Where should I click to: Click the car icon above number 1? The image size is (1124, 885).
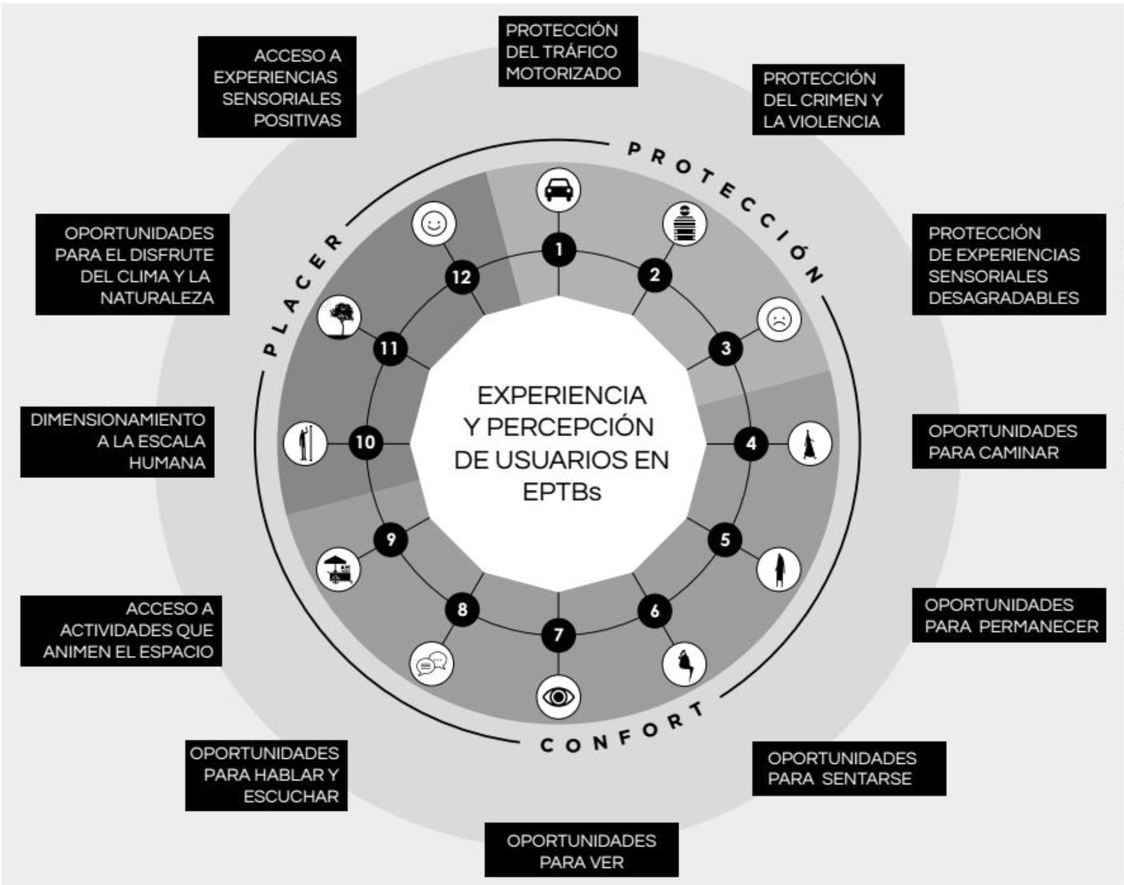[559, 189]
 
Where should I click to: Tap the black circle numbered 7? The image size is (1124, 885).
[558, 634]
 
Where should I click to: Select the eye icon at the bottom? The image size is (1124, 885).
[558, 697]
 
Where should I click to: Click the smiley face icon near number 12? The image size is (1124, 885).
[433, 223]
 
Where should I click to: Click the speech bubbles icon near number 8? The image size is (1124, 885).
[432, 664]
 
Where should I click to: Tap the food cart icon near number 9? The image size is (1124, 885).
[339, 569]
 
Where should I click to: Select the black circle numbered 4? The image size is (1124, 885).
[751, 443]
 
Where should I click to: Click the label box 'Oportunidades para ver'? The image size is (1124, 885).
[581, 850]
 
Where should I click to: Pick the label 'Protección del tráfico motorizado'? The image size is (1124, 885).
[568, 51]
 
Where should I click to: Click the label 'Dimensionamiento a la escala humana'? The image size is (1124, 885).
[118, 441]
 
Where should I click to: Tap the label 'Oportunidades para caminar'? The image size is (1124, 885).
[1008, 441]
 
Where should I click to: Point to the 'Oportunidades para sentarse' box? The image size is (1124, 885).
[849, 768]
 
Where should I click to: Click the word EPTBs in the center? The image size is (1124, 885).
[562, 492]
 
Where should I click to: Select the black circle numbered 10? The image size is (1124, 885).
[366, 442]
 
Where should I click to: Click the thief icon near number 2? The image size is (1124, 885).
[684, 224]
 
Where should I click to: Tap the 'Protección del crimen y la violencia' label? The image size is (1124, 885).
[828, 99]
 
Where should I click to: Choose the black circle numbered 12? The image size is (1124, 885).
[461, 277]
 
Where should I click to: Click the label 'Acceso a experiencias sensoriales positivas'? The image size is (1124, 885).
[277, 87]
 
